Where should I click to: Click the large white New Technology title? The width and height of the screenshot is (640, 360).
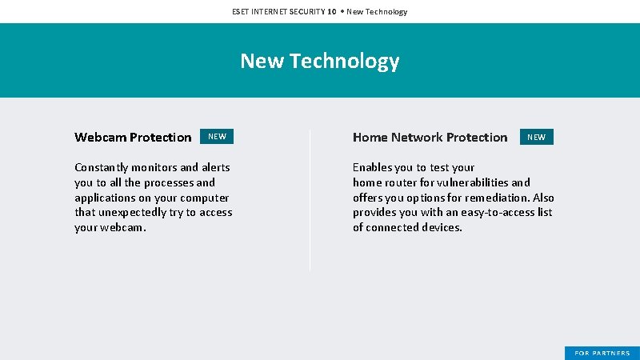pos(319,61)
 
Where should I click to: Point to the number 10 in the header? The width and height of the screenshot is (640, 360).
pos(331,11)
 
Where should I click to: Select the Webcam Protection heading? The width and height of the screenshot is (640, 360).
pos(133,137)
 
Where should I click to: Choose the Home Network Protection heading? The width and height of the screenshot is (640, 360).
pos(430,137)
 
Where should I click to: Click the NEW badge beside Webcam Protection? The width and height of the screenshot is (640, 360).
pos(217,137)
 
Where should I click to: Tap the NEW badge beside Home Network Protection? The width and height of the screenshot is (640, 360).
pos(536,137)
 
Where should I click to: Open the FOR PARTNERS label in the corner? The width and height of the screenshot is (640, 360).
pos(602,353)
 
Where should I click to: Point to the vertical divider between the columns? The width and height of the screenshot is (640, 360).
pos(310,200)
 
